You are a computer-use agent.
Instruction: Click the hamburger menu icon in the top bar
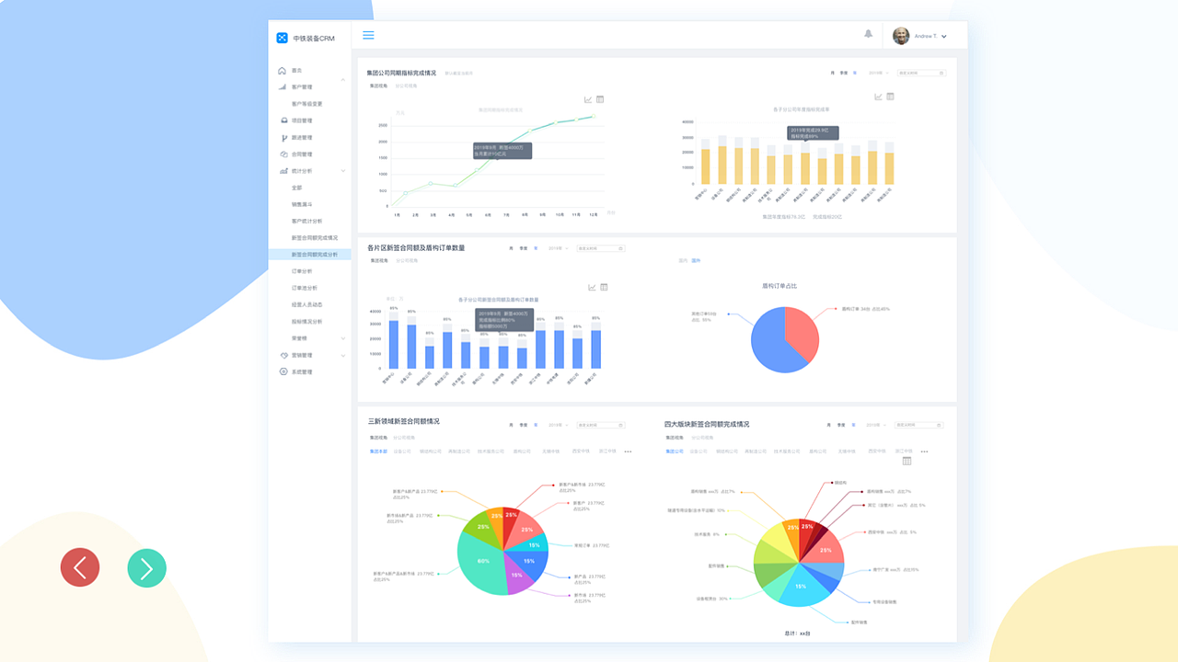[368, 35]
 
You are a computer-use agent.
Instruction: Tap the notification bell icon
[868, 34]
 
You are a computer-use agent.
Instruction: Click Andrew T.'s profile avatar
[901, 36]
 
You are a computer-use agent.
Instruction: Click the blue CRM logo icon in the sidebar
[283, 38]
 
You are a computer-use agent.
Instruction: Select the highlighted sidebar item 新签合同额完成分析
[314, 255]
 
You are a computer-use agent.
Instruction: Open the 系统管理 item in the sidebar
[301, 372]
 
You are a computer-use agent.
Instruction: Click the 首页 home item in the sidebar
[296, 71]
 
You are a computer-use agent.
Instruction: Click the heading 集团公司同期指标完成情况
[401, 73]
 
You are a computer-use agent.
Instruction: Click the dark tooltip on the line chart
[502, 151]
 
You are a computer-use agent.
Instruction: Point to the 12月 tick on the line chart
[595, 214]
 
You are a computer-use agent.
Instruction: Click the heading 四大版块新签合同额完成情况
[706, 425]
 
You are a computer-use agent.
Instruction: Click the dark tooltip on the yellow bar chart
[813, 133]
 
